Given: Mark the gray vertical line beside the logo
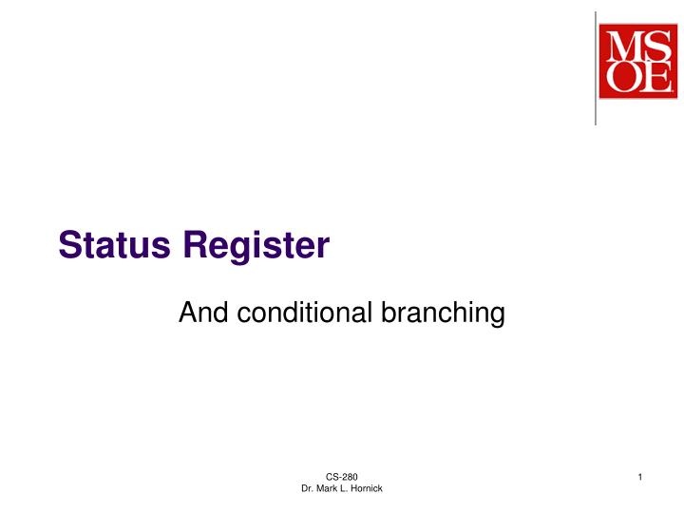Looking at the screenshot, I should (596, 66).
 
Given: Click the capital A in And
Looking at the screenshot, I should (187, 312).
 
